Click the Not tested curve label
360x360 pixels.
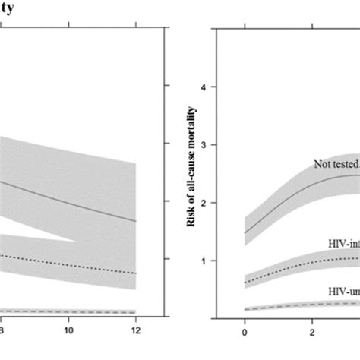coord(335,163)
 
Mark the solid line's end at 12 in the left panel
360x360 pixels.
coord(135,221)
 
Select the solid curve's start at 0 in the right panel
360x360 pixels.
coord(245,233)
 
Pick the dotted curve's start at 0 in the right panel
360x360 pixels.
coord(245,282)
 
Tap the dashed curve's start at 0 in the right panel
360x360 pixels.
coord(245,309)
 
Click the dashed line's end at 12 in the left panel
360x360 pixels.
coord(135,312)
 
